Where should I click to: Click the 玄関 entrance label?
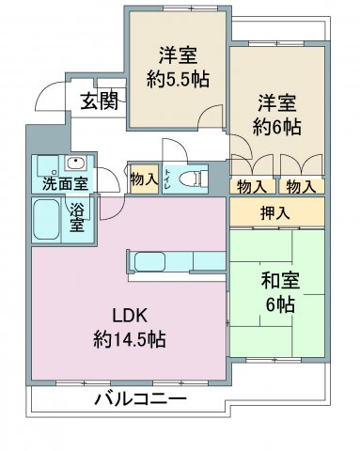click(x=100, y=101)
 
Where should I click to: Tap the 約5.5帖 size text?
click(x=178, y=79)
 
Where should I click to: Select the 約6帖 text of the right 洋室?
click(x=277, y=127)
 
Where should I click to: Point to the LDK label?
click(x=130, y=316)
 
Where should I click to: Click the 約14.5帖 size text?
click(x=130, y=339)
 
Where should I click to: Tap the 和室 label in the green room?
click(x=280, y=280)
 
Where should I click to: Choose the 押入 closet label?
click(x=274, y=213)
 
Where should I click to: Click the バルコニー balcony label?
click(x=141, y=399)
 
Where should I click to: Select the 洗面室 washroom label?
click(x=65, y=183)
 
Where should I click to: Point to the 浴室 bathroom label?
click(x=77, y=217)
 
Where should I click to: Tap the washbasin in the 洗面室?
click(x=75, y=163)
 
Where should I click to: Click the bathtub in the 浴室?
click(x=46, y=220)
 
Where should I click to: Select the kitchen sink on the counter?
click(x=149, y=261)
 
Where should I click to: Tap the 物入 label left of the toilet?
click(x=144, y=179)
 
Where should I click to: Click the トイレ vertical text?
click(x=168, y=179)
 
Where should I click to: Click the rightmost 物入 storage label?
click(x=301, y=187)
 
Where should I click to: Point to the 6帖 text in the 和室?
click(x=280, y=304)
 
